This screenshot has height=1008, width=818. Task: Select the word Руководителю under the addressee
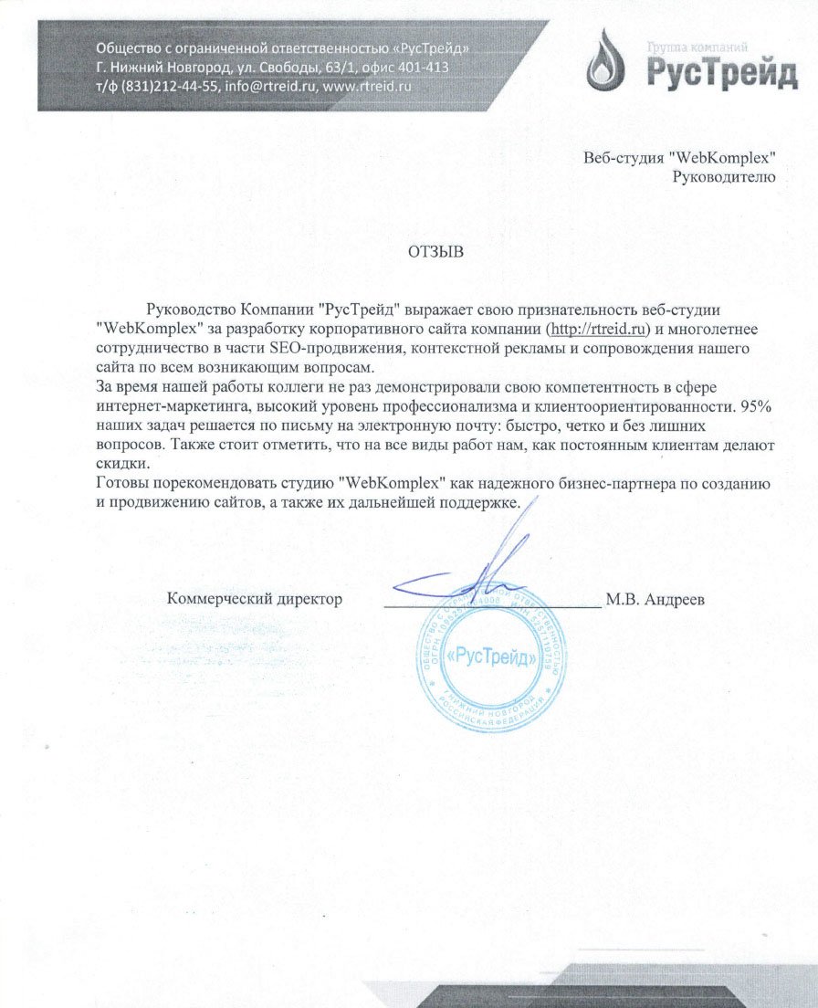(723, 177)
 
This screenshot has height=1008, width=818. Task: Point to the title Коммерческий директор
(255, 600)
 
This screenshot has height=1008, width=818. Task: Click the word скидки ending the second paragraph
(117, 464)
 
